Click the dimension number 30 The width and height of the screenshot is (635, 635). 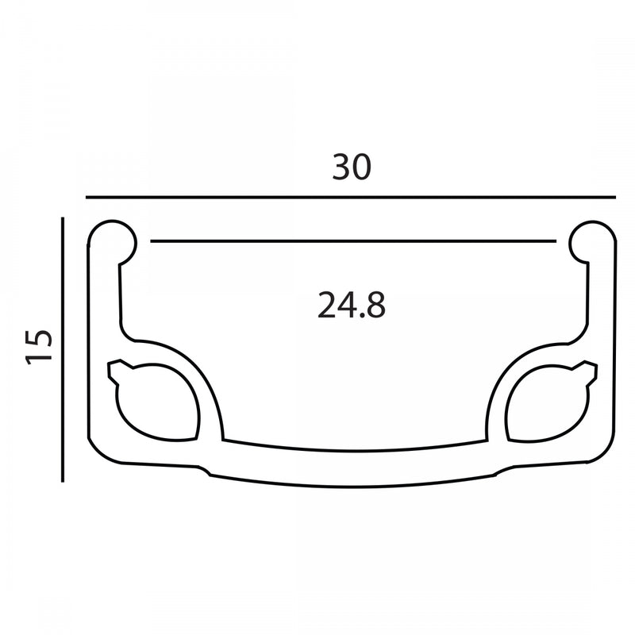(x=352, y=167)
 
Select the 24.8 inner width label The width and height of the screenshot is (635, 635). (x=352, y=305)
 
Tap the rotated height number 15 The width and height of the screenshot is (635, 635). (x=39, y=347)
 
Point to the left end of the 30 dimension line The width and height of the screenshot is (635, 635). (x=87, y=198)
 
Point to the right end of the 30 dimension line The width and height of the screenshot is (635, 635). (x=616, y=198)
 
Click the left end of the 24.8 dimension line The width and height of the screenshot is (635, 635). (x=151, y=241)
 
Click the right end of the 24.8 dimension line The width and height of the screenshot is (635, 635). (x=556, y=241)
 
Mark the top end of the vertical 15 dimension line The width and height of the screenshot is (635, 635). (x=63, y=217)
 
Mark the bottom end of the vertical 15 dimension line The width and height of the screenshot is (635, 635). (x=63, y=482)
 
